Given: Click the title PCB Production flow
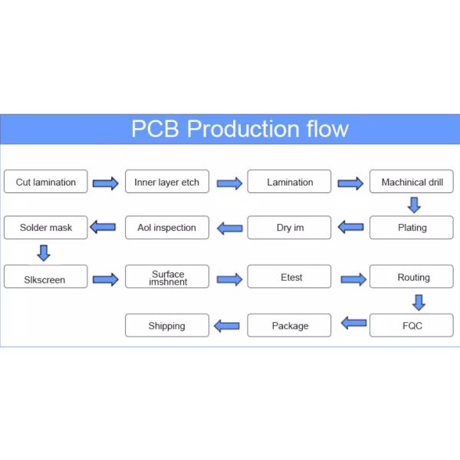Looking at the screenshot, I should pyautogui.click(x=239, y=129).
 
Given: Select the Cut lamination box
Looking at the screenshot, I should pyautogui.click(x=46, y=182).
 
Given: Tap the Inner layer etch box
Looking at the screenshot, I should pyautogui.click(x=166, y=182).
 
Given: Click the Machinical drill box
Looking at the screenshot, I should pyautogui.click(x=412, y=182).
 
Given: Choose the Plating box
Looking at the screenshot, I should pyautogui.click(x=412, y=227).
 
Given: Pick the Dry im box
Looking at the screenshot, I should pyautogui.click(x=289, y=227).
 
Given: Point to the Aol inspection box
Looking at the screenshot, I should pyautogui.click(x=166, y=227).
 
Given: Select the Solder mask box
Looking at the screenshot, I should pyautogui.click(x=46, y=227).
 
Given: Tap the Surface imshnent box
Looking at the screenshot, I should pyautogui.click(x=166, y=277).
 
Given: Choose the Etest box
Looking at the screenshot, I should pyautogui.click(x=289, y=277).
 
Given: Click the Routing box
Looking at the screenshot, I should pyautogui.click(x=412, y=277).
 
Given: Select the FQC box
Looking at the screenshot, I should pyautogui.click(x=412, y=325).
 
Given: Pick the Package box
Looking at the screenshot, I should pyautogui.click(x=289, y=325).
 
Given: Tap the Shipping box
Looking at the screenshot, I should pyautogui.click(x=166, y=325).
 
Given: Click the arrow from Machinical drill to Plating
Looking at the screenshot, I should pyautogui.click(x=414, y=205).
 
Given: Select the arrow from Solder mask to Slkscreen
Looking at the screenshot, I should pyautogui.click(x=44, y=252).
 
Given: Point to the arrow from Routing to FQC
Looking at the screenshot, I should pyautogui.click(x=419, y=301).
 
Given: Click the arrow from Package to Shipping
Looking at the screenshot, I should pyautogui.click(x=227, y=326).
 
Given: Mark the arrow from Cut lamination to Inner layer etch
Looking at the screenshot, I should pyautogui.click(x=106, y=183).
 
